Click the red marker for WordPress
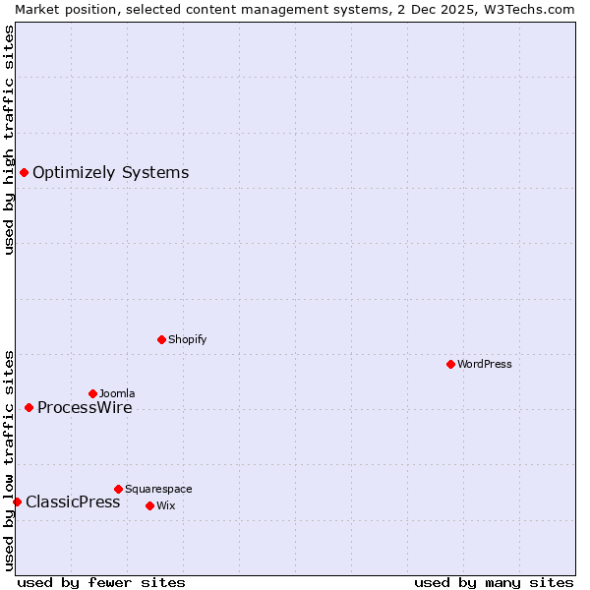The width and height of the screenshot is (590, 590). pyautogui.click(x=450, y=364)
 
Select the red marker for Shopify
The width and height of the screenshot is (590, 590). pyautogui.click(x=161, y=339)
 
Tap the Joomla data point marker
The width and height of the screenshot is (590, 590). pyautogui.click(x=92, y=393)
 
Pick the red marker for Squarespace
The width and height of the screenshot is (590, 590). pyautogui.click(x=118, y=489)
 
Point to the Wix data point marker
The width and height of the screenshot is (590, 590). pyautogui.click(x=149, y=505)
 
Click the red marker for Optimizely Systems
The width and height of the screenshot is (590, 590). pyautogui.click(x=24, y=173)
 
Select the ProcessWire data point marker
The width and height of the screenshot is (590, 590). pyautogui.click(x=29, y=407)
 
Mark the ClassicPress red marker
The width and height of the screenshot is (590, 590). pyautogui.click(x=17, y=501)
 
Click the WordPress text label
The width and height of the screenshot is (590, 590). pyautogui.click(x=485, y=364)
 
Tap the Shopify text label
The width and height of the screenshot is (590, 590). pyautogui.click(x=188, y=339)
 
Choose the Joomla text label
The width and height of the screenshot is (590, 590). pyautogui.click(x=117, y=393)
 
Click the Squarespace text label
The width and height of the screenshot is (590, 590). pyautogui.click(x=158, y=489)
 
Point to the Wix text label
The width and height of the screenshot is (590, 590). pyautogui.click(x=165, y=505)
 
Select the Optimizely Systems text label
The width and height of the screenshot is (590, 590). pyautogui.click(x=110, y=173)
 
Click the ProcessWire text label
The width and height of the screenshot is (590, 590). pyautogui.click(x=85, y=407)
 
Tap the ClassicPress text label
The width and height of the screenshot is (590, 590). pyautogui.click(x=73, y=501)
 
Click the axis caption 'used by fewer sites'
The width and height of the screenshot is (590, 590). pyautogui.click(x=101, y=582)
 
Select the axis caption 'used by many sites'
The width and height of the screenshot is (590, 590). pyautogui.click(x=494, y=582)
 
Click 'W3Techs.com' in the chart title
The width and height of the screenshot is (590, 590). pyautogui.click(x=535, y=9)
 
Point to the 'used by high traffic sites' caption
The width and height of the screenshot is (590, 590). pyautogui.click(x=9, y=140)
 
